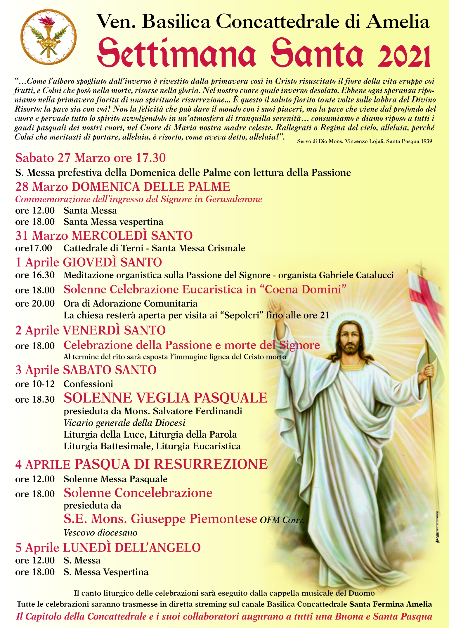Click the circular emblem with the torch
pos(48,37)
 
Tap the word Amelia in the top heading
pos(398,22)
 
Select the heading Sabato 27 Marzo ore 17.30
pos(90,158)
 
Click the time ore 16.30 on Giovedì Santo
pos(35,275)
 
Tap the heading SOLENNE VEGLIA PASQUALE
pos(165,398)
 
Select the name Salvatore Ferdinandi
pos(197,411)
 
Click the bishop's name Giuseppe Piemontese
pos(194,519)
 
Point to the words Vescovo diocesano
pos(100,533)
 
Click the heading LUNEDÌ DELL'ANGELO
pos(132,547)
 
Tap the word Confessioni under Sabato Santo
pos(88,384)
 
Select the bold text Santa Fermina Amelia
pos(391,604)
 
